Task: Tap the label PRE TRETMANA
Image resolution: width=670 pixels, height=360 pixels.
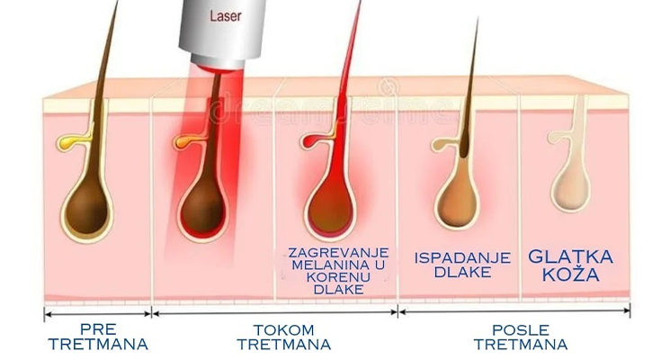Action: pos(99,337)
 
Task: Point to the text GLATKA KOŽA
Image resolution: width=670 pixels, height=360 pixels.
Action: pos(570,266)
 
